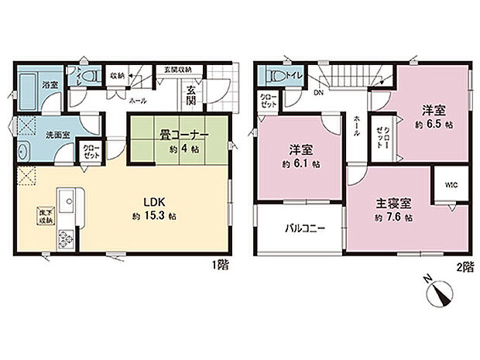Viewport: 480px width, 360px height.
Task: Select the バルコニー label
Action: point(297,228)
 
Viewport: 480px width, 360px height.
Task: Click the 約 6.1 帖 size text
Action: point(298,164)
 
